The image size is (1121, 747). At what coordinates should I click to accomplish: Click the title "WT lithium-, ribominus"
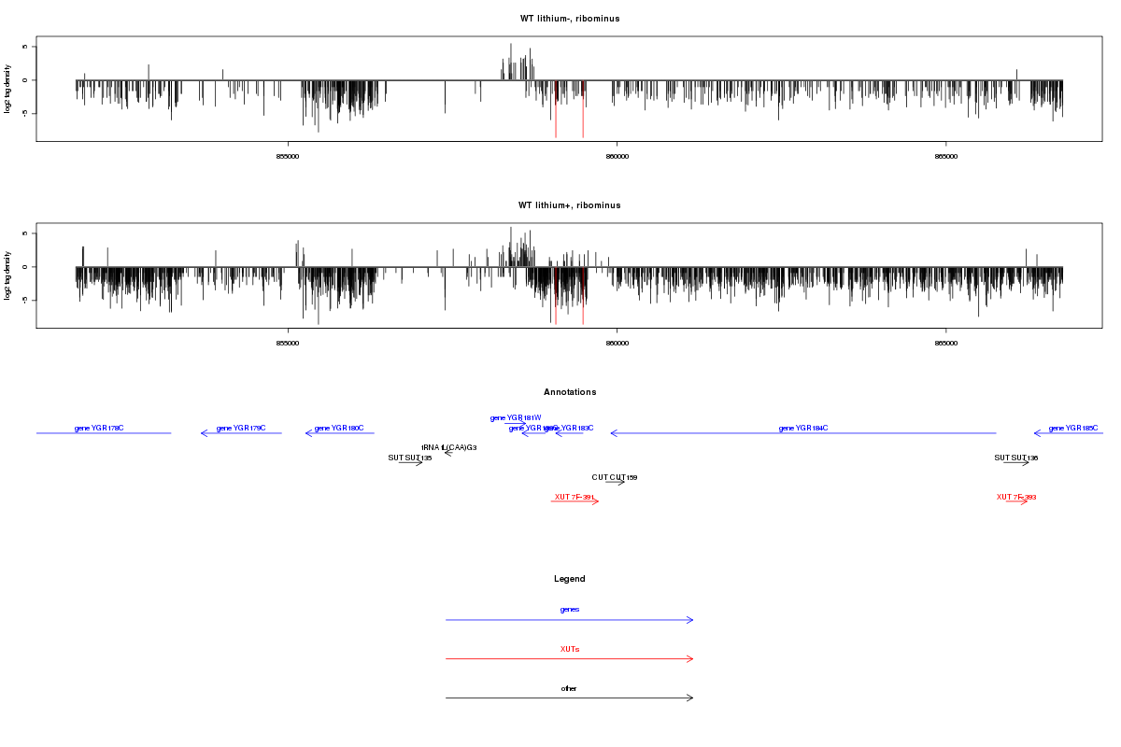click(570, 19)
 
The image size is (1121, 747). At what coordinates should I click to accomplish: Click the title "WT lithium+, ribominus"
click(570, 205)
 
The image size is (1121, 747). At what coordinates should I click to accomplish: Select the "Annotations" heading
click(570, 392)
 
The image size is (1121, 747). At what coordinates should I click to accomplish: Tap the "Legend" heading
click(570, 579)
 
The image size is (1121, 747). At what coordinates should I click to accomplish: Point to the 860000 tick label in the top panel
click(617, 156)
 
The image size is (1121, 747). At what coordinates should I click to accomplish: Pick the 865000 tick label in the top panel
click(946, 156)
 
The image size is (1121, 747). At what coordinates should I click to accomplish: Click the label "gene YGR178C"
click(99, 429)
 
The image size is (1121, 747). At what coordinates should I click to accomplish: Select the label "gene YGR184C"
click(803, 429)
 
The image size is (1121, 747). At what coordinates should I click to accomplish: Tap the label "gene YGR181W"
click(516, 417)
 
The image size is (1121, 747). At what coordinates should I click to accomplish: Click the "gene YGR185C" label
click(1073, 429)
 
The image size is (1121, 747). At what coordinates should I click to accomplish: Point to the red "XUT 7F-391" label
click(574, 497)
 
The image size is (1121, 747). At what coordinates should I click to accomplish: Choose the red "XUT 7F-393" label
click(1016, 497)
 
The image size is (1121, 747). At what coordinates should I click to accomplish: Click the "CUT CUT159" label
click(615, 477)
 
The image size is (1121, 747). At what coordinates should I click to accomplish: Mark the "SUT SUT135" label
click(410, 458)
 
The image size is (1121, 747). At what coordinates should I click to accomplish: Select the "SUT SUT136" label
click(1016, 458)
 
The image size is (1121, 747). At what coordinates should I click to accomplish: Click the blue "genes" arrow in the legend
click(570, 620)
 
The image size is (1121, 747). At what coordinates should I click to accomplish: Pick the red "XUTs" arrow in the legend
click(570, 659)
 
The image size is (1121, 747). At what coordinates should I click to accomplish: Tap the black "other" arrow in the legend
click(570, 698)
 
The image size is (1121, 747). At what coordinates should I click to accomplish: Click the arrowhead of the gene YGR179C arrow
click(203, 433)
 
